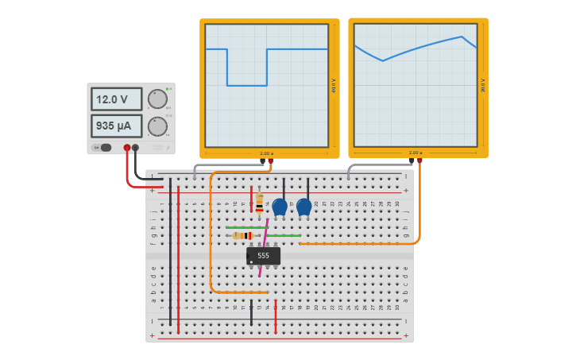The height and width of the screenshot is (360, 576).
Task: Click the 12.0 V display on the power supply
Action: click(x=116, y=99)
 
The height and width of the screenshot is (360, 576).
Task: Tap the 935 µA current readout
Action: click(x=116, y=126)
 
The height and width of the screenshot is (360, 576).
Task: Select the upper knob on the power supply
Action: click(x=157, y=99)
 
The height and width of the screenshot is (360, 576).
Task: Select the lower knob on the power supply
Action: click(x=157, y=126)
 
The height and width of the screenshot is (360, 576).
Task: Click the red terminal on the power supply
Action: click(x=126, y=148)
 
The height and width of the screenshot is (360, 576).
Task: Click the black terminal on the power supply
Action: click(x=135, y=148)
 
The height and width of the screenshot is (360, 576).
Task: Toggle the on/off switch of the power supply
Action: click(x=103, y=148)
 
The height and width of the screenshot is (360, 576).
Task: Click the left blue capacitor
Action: click(x=280, y=207)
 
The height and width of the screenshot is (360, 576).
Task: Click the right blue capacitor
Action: click(x=304, y=207)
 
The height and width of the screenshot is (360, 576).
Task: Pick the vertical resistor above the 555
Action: click(x=259, y=204)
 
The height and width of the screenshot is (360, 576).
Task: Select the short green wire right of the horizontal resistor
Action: click(x=284, y=235)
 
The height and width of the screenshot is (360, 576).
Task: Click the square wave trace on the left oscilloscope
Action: click(x=246, y=85)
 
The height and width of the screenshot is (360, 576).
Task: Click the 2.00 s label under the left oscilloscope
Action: click(x=266, y=153)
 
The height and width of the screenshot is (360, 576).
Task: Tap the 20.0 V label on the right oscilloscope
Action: click(x=483, y=85)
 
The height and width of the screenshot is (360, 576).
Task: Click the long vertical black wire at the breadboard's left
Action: click(x=170, y=254)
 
